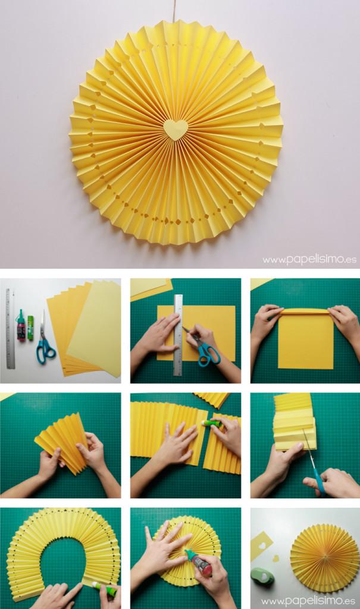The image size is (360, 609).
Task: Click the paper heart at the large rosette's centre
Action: point(175,129)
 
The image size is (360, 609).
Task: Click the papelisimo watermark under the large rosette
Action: point(309,259)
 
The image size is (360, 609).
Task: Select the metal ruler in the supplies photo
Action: point(10,328)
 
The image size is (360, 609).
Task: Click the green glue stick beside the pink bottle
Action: point(30,328)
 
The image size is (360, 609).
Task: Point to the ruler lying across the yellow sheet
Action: point(178,335)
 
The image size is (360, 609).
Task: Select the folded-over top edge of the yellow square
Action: point(306,312)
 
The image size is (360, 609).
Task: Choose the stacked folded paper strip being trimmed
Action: point(294,422)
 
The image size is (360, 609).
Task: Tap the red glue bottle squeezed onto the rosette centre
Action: point(199,563)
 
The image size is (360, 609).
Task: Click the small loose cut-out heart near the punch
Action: point(276,558)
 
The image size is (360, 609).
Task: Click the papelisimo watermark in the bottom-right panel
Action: point(309,601)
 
